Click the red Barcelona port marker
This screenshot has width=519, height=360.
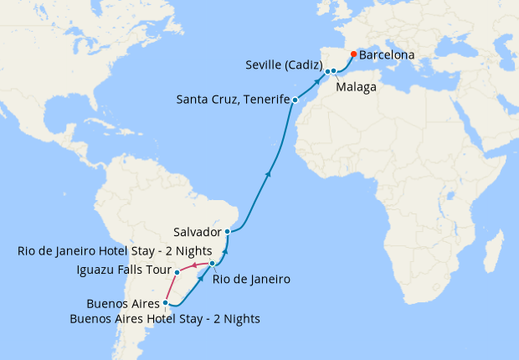tap(353, 55)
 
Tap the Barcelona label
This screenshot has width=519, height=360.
tap(387, 56)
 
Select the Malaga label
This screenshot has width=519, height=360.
tap(356, 86)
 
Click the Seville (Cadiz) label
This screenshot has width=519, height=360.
tap(285, 64)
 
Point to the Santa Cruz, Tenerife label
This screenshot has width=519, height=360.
tap(232, 100)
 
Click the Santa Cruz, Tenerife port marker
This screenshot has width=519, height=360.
tap(295, 100)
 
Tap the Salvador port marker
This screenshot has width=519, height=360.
tap(228, 231)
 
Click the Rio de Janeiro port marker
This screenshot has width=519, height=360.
tap(213, 264)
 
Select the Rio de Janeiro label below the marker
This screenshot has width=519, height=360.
tap(251, 280)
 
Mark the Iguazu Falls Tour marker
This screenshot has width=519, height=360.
tap(177, 272)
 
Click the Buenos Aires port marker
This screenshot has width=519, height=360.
tap(166, 303)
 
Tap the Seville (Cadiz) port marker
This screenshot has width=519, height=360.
tap(327, 71)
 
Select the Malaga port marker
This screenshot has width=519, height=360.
tap(334, 71)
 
